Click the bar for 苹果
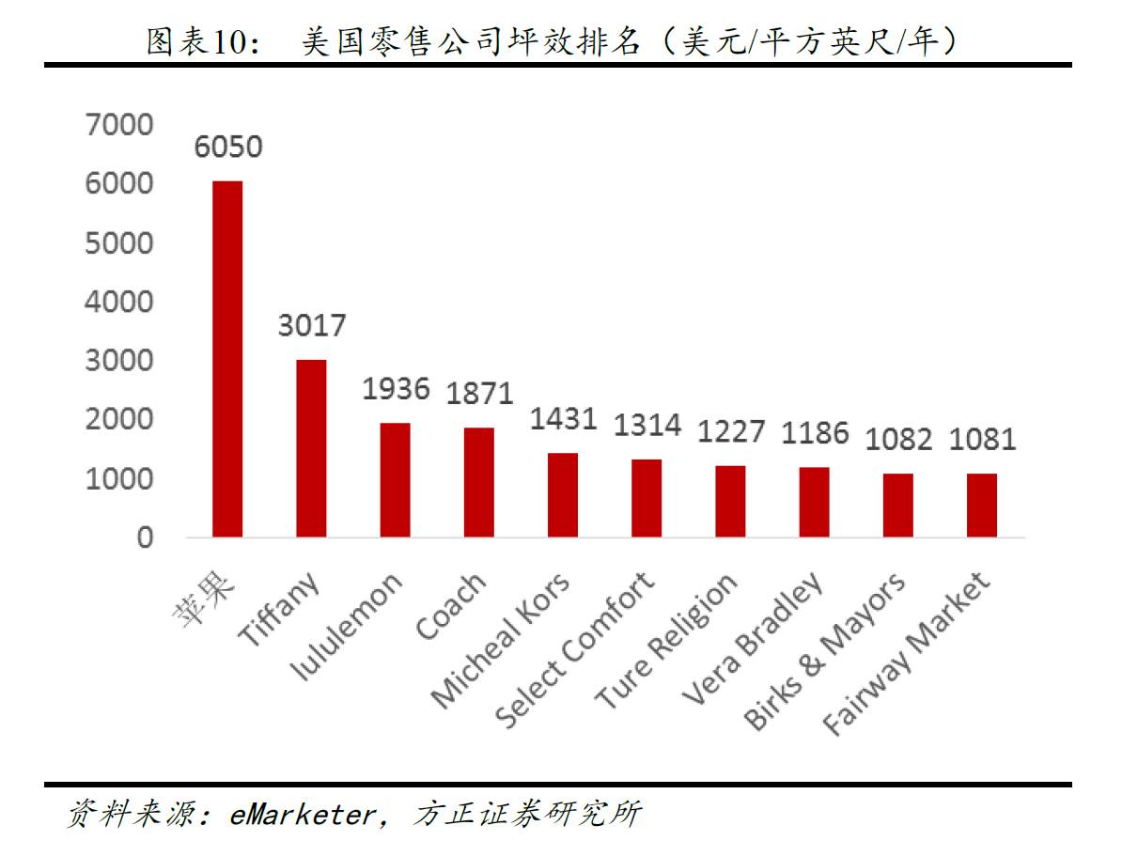click(227, 359)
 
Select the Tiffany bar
click(311, 448)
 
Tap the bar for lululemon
click(395, 480)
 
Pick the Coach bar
click(478, 482)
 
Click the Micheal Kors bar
click(563, 495)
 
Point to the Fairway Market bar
click(982, 506)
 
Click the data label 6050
click(228, 148)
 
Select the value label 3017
click(312, 326)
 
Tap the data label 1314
click(647, 425)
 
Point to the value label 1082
click(898, 439)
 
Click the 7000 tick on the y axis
click(119, 124)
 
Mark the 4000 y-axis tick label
click(119, 302)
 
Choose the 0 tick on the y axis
click(145, 537)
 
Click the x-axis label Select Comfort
click(576, 649)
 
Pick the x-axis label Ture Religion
click(667, 642)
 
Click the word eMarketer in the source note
click(301, 814)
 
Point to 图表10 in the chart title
click(195, 42)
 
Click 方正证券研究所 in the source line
click(526, 814)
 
